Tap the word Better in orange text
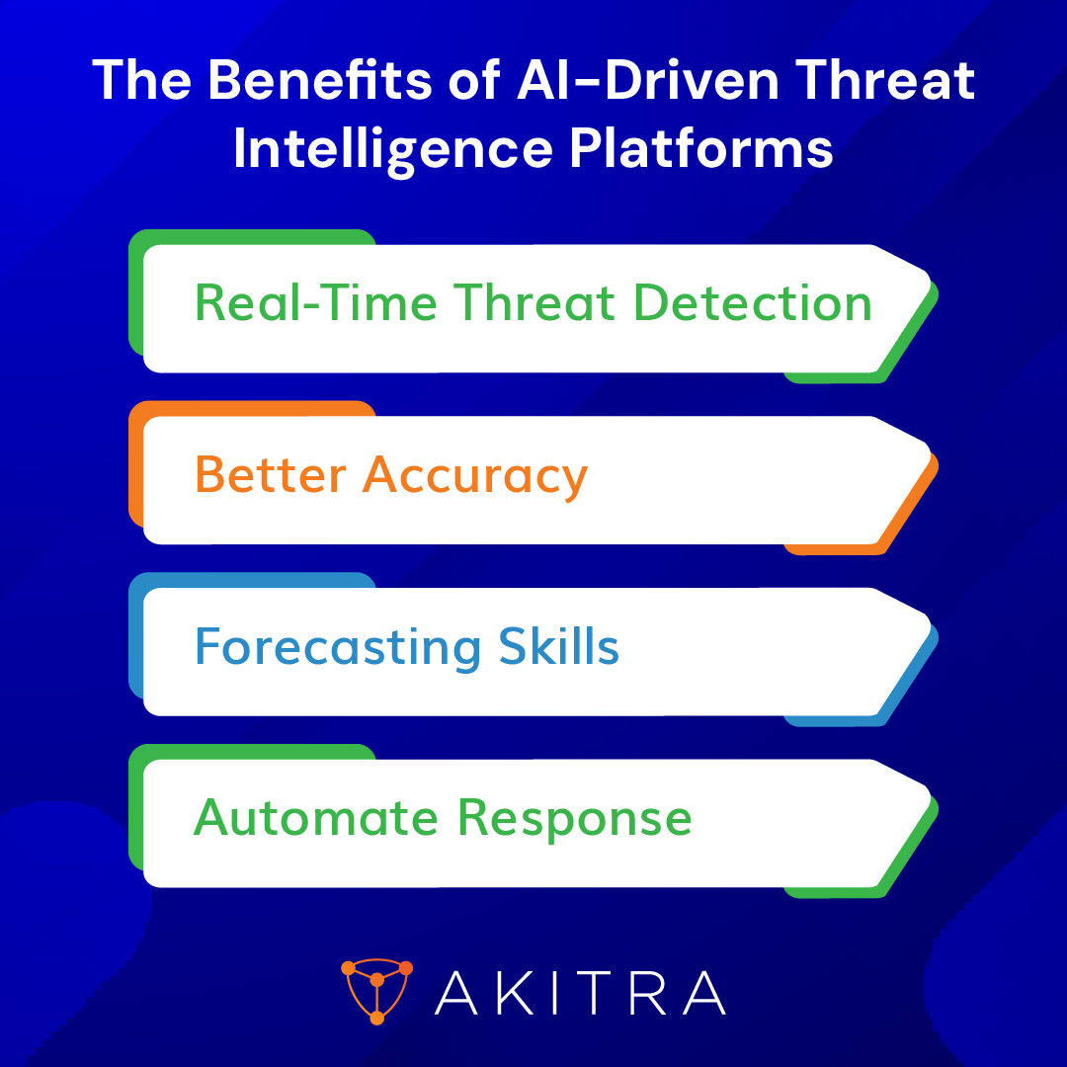tap(270, 474)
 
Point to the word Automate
tap(317, 818)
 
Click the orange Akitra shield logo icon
tap(376, 991)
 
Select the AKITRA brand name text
tap(580, 992)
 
